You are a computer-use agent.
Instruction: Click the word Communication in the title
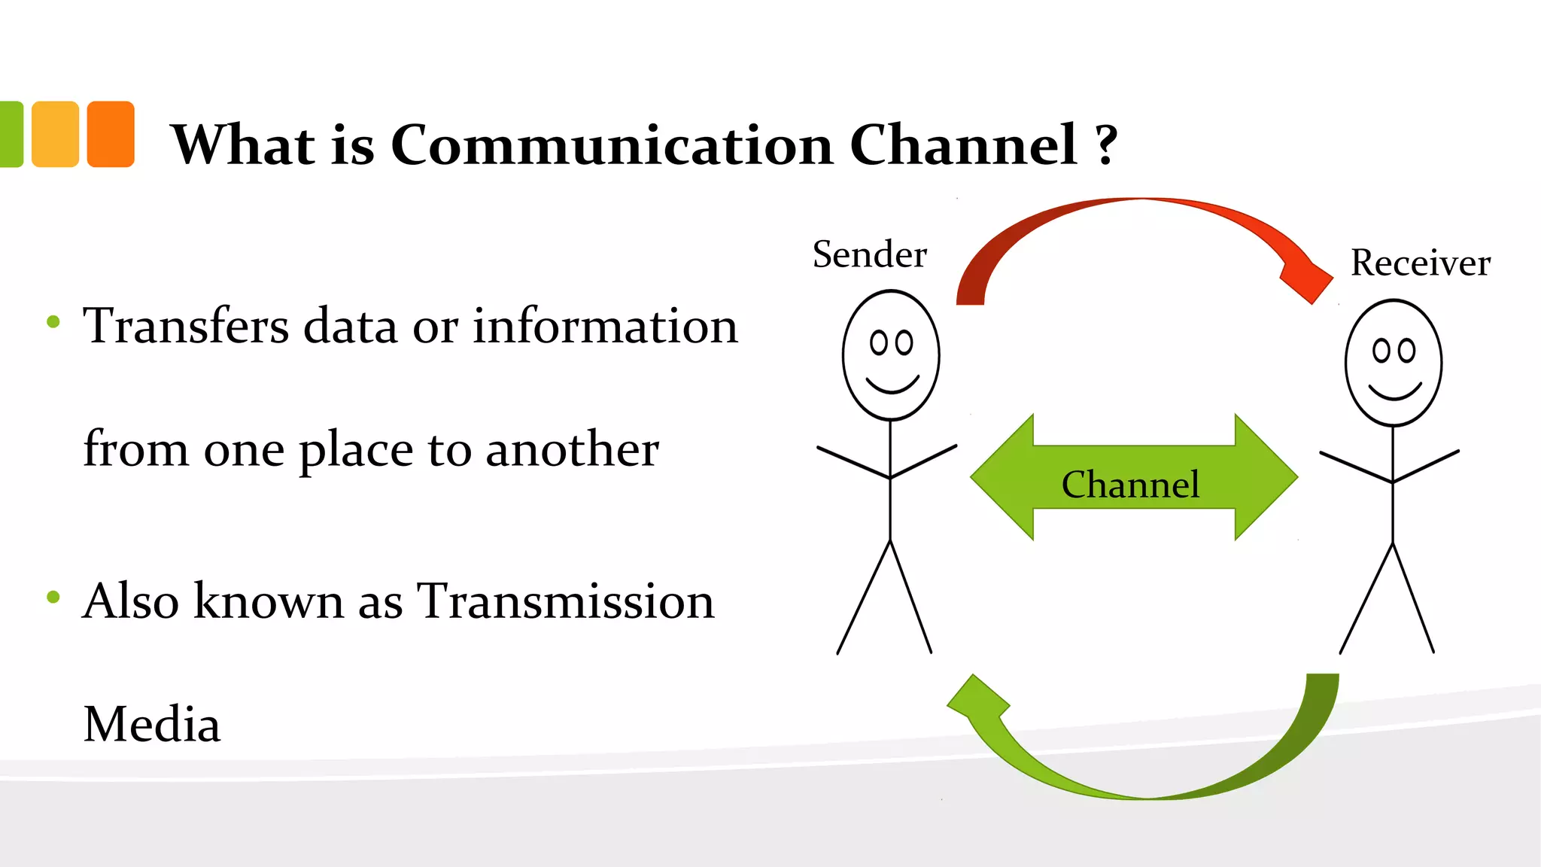pos(612,144)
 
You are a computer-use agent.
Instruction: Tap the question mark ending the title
pos(1106,144)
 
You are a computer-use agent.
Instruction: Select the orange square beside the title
pos(111,134)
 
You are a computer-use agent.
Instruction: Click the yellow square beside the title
pos(56,134)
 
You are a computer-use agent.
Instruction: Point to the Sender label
pos(869,254)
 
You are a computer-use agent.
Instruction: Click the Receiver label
pos(1420,263)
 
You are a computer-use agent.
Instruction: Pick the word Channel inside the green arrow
pos(1130,484)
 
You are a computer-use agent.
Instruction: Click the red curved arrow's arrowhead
pos(1310,283)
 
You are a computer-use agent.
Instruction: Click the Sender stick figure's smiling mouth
pos(892,385)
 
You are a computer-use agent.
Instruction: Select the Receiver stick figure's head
pos(1394,363)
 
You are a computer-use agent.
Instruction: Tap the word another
pos(572,449)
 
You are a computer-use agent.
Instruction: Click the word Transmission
pos(565,601)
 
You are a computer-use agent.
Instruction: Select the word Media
pos(152,724)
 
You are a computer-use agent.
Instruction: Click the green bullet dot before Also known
pos(53,598)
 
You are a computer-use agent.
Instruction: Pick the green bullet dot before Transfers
pos(53,322)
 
